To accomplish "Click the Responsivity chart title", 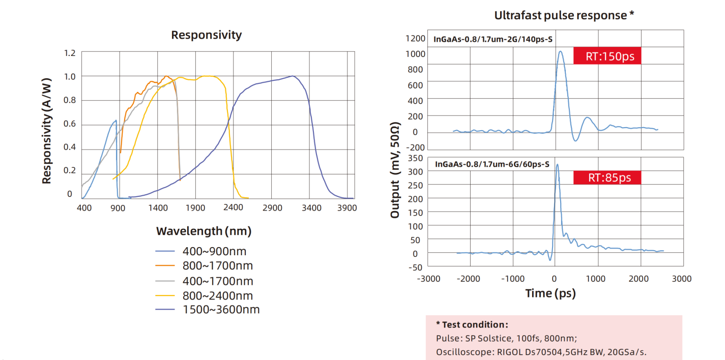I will [206, 35].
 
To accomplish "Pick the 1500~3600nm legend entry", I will [221, 310].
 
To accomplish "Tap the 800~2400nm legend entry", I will [217, 295].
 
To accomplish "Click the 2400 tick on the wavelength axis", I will [233, 207].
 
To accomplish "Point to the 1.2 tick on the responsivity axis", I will [70, 53].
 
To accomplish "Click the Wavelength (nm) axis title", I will [204, 231].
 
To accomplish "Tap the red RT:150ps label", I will [607, 56].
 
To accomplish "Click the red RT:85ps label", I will [607, 177].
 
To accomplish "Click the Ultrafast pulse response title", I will [564, 15].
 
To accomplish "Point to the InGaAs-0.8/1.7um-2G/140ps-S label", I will [493, 39].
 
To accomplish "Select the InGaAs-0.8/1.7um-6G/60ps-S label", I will [491, 164].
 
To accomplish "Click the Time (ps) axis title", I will [550, 293].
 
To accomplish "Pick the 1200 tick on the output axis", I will [415, 38].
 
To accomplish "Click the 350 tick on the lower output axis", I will [416, 159].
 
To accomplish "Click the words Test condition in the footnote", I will [474, 324].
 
